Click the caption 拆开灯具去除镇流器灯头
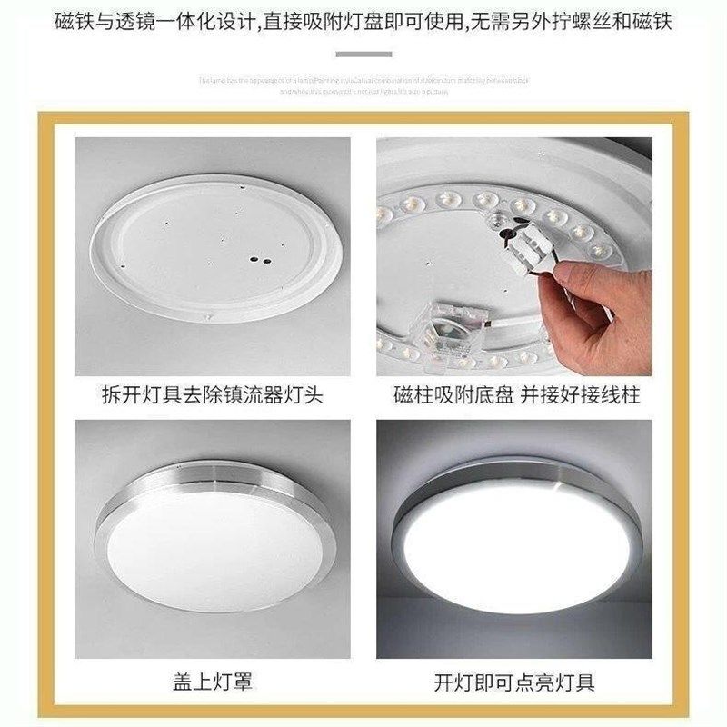click(x=213, y=396)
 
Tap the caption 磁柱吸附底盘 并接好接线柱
click(x=513, y=396)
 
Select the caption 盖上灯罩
click(x=212, y=681)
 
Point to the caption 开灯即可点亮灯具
click(x=513, y=681)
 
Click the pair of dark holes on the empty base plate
click(x=263, y=261)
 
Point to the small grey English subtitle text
click(x=363, y=85)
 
